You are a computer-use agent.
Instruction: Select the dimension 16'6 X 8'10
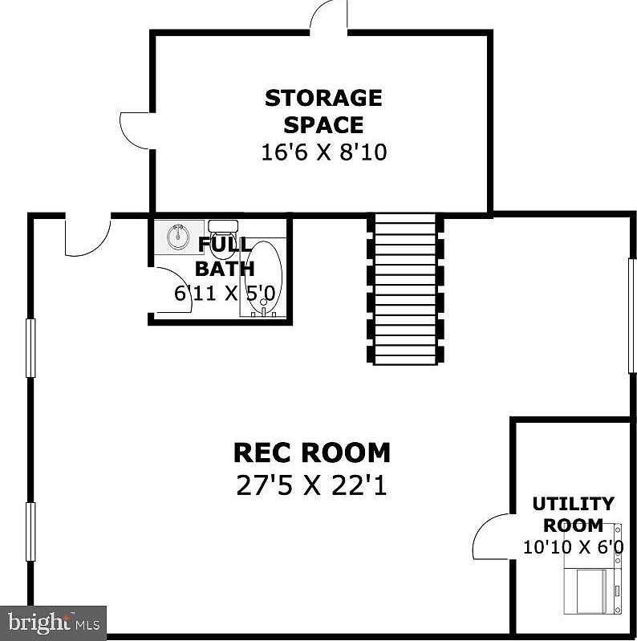tap(323, 152)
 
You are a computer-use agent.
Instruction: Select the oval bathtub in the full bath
tap(263, 277)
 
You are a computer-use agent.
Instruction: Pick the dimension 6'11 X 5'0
tap(225, 293)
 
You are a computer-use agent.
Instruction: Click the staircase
tap(405, 289)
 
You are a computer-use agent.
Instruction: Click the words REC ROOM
tap(311, 452)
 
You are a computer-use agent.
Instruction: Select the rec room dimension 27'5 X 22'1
tap(311, 485)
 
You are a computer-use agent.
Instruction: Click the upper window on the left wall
tap(31, 347)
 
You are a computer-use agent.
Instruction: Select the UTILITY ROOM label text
tap(573, 514)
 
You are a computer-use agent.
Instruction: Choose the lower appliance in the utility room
tap(590, 590)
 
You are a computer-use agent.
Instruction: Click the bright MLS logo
tap(53, 622)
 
